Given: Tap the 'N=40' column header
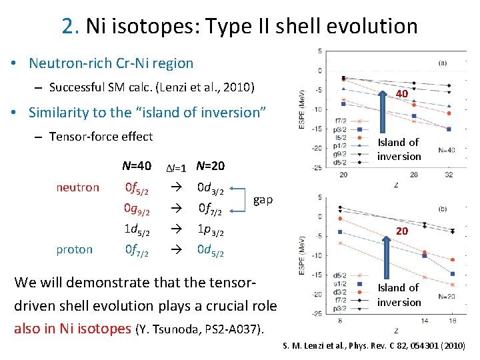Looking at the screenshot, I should pos(137,166).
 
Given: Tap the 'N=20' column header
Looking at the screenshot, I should pos(211,166).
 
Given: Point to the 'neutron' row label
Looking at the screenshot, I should pos(78,187).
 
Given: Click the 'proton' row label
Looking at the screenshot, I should pos(75,249).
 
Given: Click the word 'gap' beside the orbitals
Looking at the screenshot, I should pos(263,200).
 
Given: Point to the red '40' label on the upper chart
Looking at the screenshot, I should pos(401,94).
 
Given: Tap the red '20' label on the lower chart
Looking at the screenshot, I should pos(401,230).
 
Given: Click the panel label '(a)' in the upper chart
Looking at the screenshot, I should pos(443,63).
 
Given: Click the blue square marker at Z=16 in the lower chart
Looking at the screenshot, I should pos(453,274).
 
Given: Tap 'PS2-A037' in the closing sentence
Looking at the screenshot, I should pos(221,329).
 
